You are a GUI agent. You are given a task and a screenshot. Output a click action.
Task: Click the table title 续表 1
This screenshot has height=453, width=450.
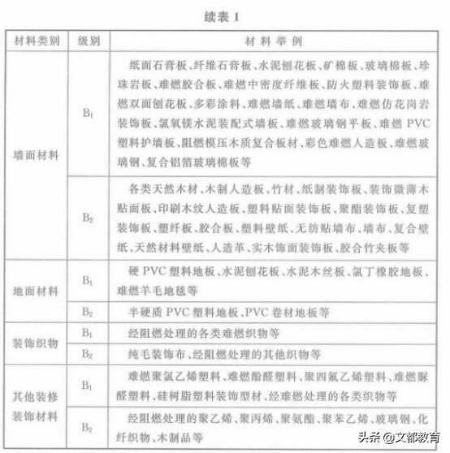pyautogui.click(x=225, y=15)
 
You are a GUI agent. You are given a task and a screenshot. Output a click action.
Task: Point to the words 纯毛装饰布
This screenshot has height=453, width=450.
pyautogui.click(x=154, y=354)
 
